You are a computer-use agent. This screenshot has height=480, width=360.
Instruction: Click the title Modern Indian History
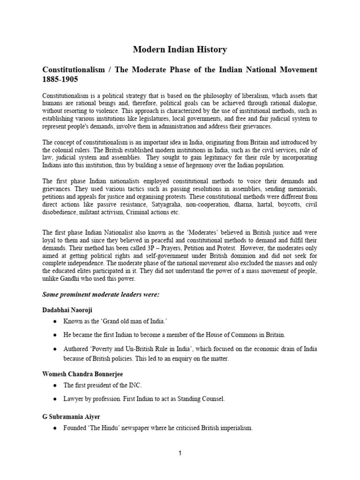tap(180, 49)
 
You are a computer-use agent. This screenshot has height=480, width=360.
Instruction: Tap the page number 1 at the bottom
tap(180, 466)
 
